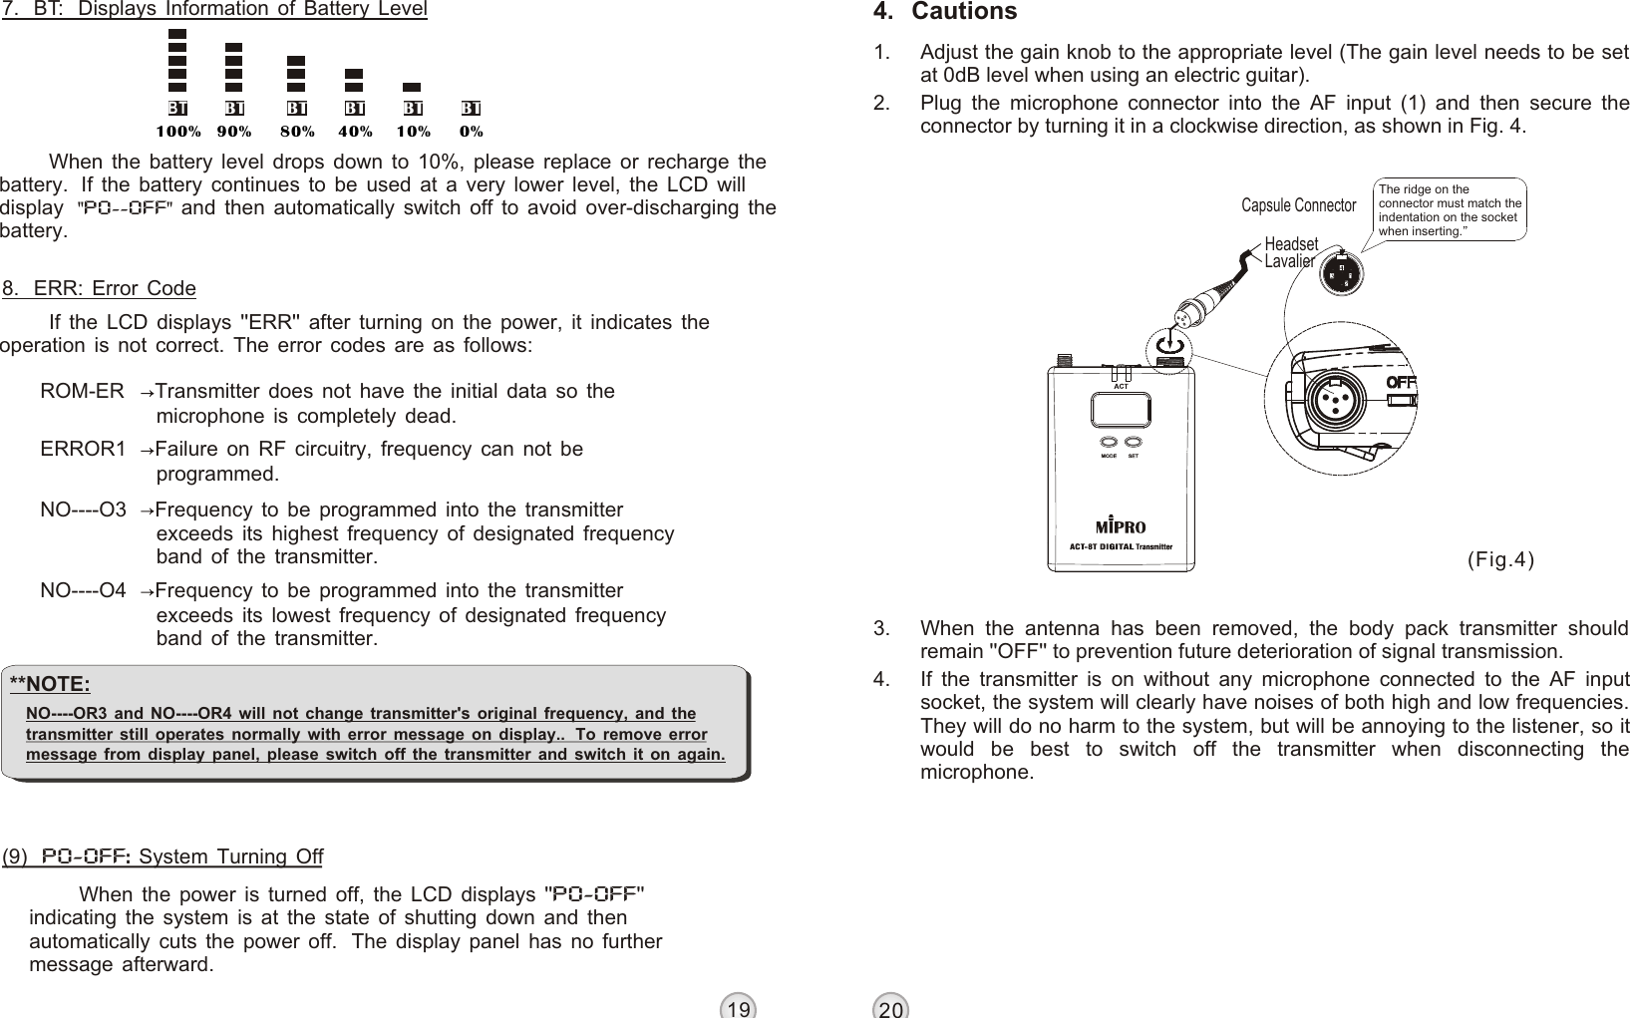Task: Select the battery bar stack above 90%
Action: (234, 67)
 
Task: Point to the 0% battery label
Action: (471, 131)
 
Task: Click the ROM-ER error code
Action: (82, 391)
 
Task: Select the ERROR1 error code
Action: (83, 449)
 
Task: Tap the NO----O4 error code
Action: (83, 591)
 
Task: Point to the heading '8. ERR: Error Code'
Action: (100, 289)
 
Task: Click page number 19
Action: (738, 1009)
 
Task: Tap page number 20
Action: (891, 1009)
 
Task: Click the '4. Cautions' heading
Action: (944, 12)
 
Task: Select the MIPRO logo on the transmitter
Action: (1121, 525)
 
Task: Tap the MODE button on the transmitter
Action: (1109, 442)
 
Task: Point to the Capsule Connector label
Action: (1298, 205)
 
